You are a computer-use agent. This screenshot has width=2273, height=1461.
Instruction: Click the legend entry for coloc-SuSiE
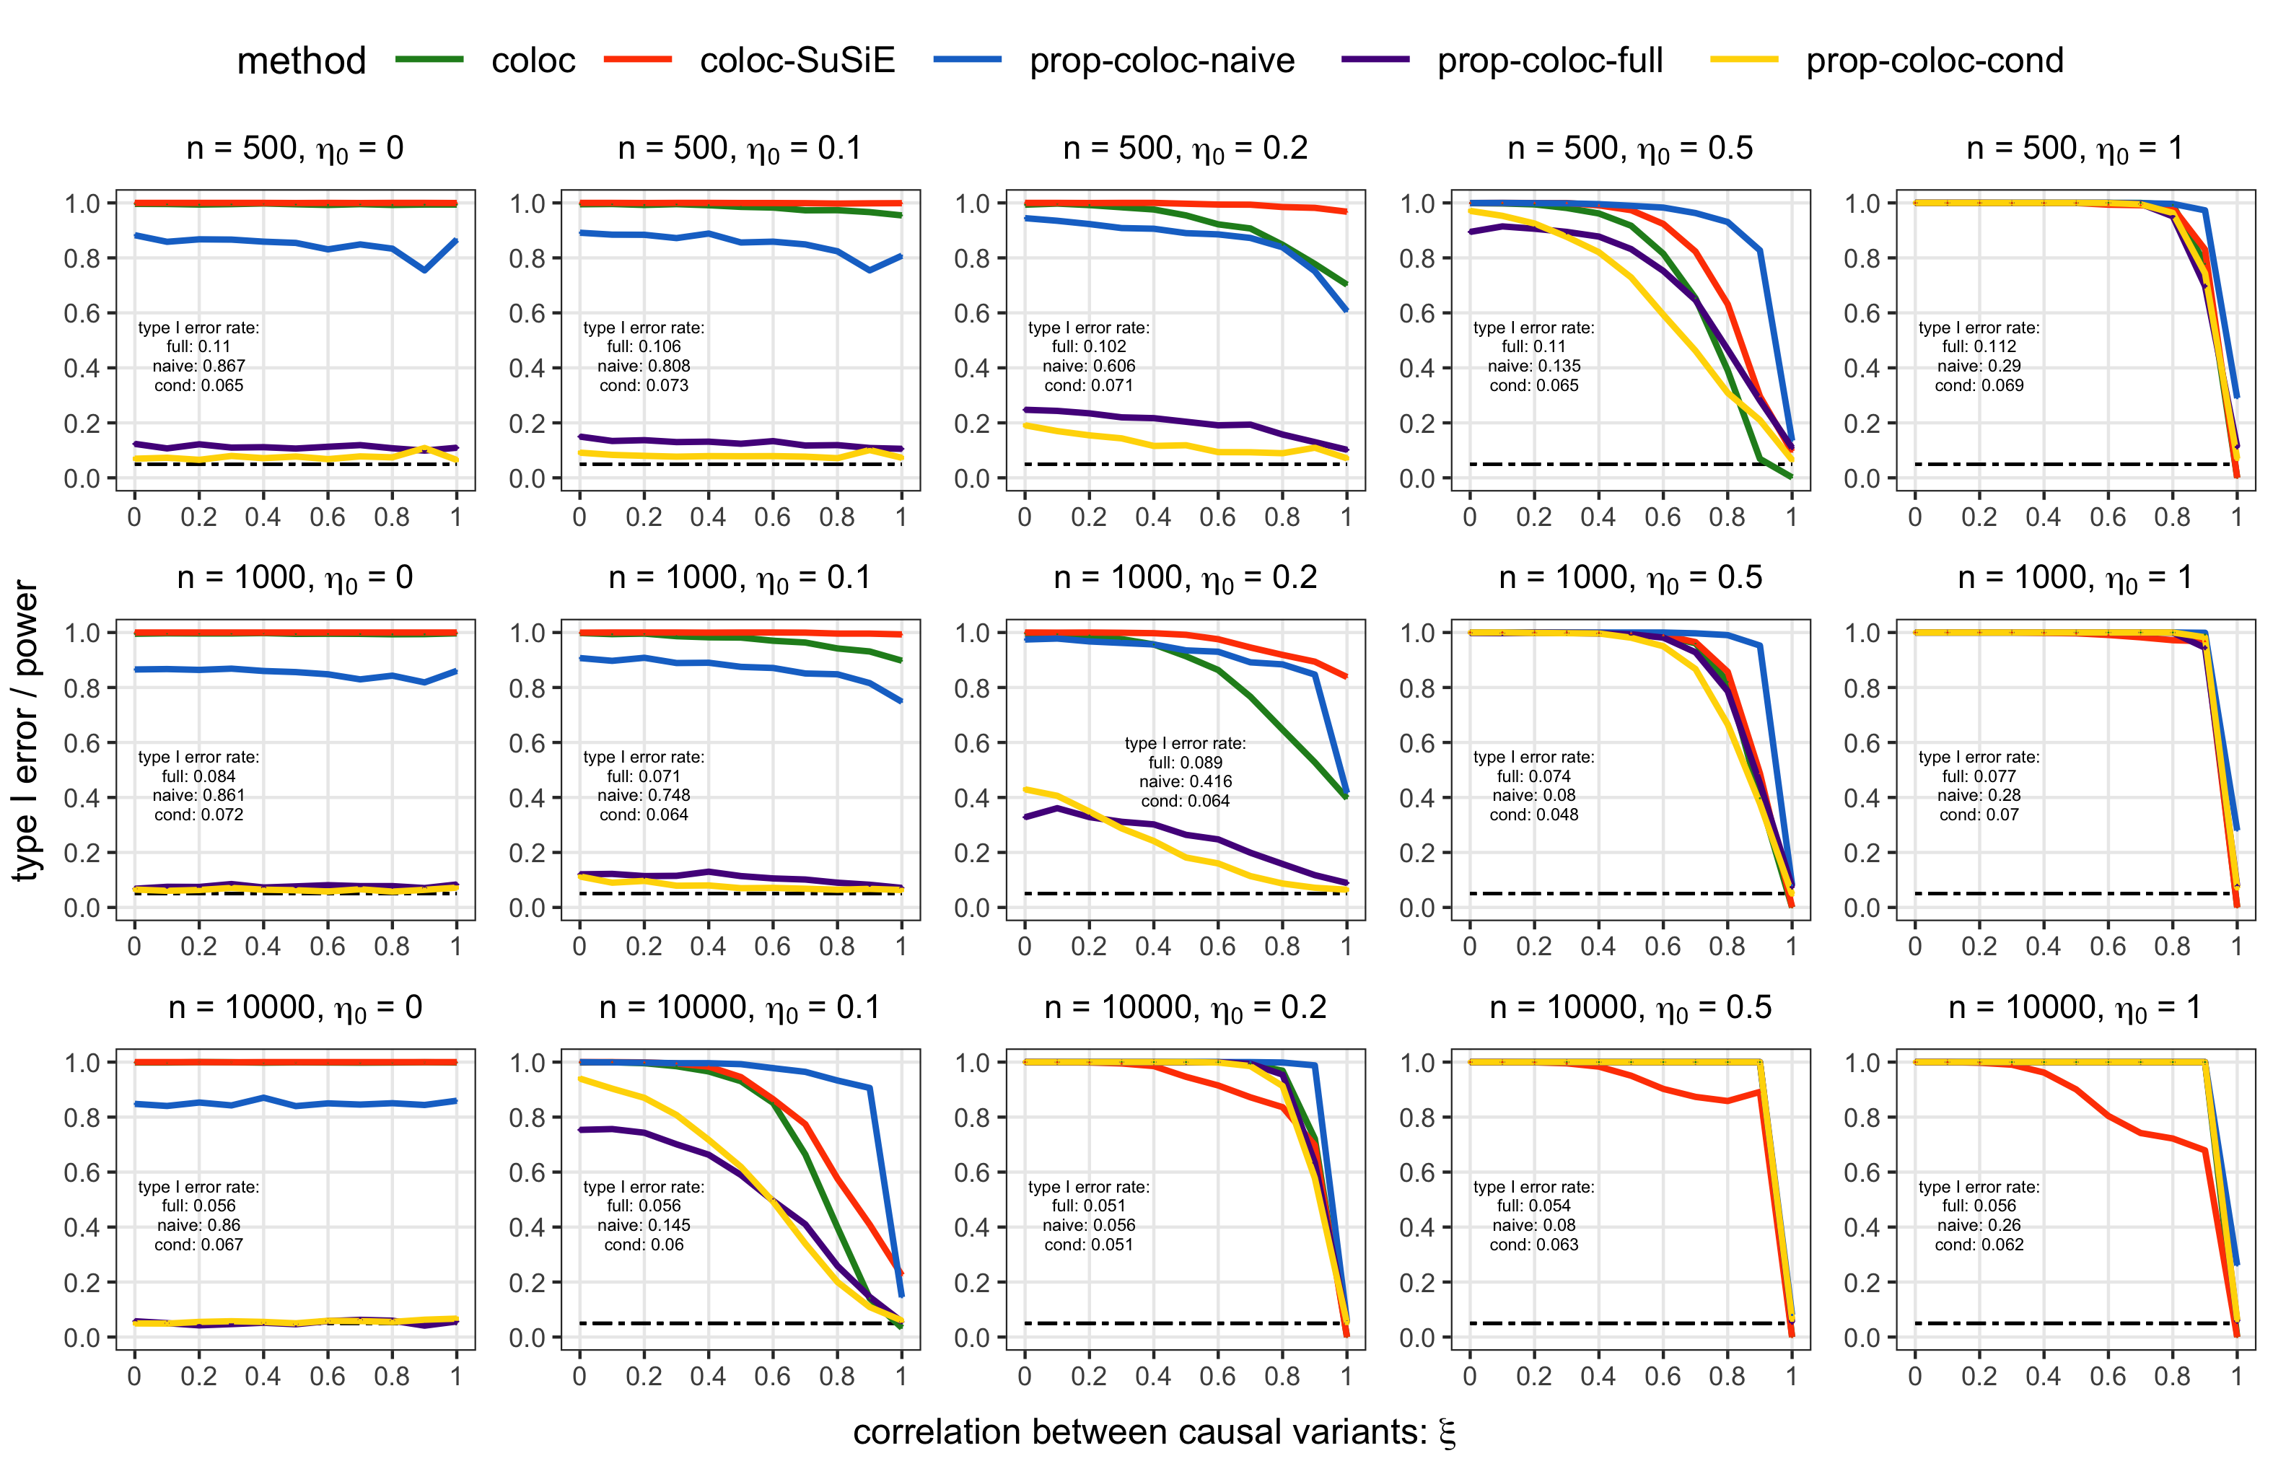tap(797, 61)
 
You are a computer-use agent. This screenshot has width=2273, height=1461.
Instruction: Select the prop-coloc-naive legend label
tap(1161, 61)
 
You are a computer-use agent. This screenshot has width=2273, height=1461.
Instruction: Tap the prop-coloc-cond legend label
tap(1933, 61)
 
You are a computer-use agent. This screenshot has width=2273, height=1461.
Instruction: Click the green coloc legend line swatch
tap(429, 60)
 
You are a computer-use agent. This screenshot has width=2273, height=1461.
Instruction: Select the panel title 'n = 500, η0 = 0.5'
tap(1630, 149)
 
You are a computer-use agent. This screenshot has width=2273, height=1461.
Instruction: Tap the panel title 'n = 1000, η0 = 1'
tap(2075, 579)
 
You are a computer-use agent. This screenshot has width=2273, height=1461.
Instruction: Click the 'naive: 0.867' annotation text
tap(198, 367)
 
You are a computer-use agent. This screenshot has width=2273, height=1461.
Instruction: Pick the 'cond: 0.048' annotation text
tap(1533, 815)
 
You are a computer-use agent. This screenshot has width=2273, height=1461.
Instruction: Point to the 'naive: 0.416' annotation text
tap(1185, 782)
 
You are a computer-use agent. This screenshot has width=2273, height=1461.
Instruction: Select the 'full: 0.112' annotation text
tap(1978, 347)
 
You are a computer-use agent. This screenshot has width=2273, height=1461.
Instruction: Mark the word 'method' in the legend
tap(301, 61)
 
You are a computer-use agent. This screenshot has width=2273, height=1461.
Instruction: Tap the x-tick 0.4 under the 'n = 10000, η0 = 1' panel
tap(2043, 1376)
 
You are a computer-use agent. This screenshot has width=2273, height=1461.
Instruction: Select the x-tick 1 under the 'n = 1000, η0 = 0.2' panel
tap(1345, 947)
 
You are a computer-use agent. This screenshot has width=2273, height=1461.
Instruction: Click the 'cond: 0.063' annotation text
tap(1533, 1245)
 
